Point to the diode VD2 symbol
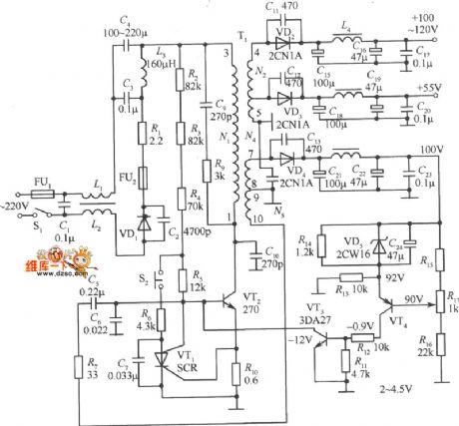(284, 40)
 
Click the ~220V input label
(17, 205)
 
